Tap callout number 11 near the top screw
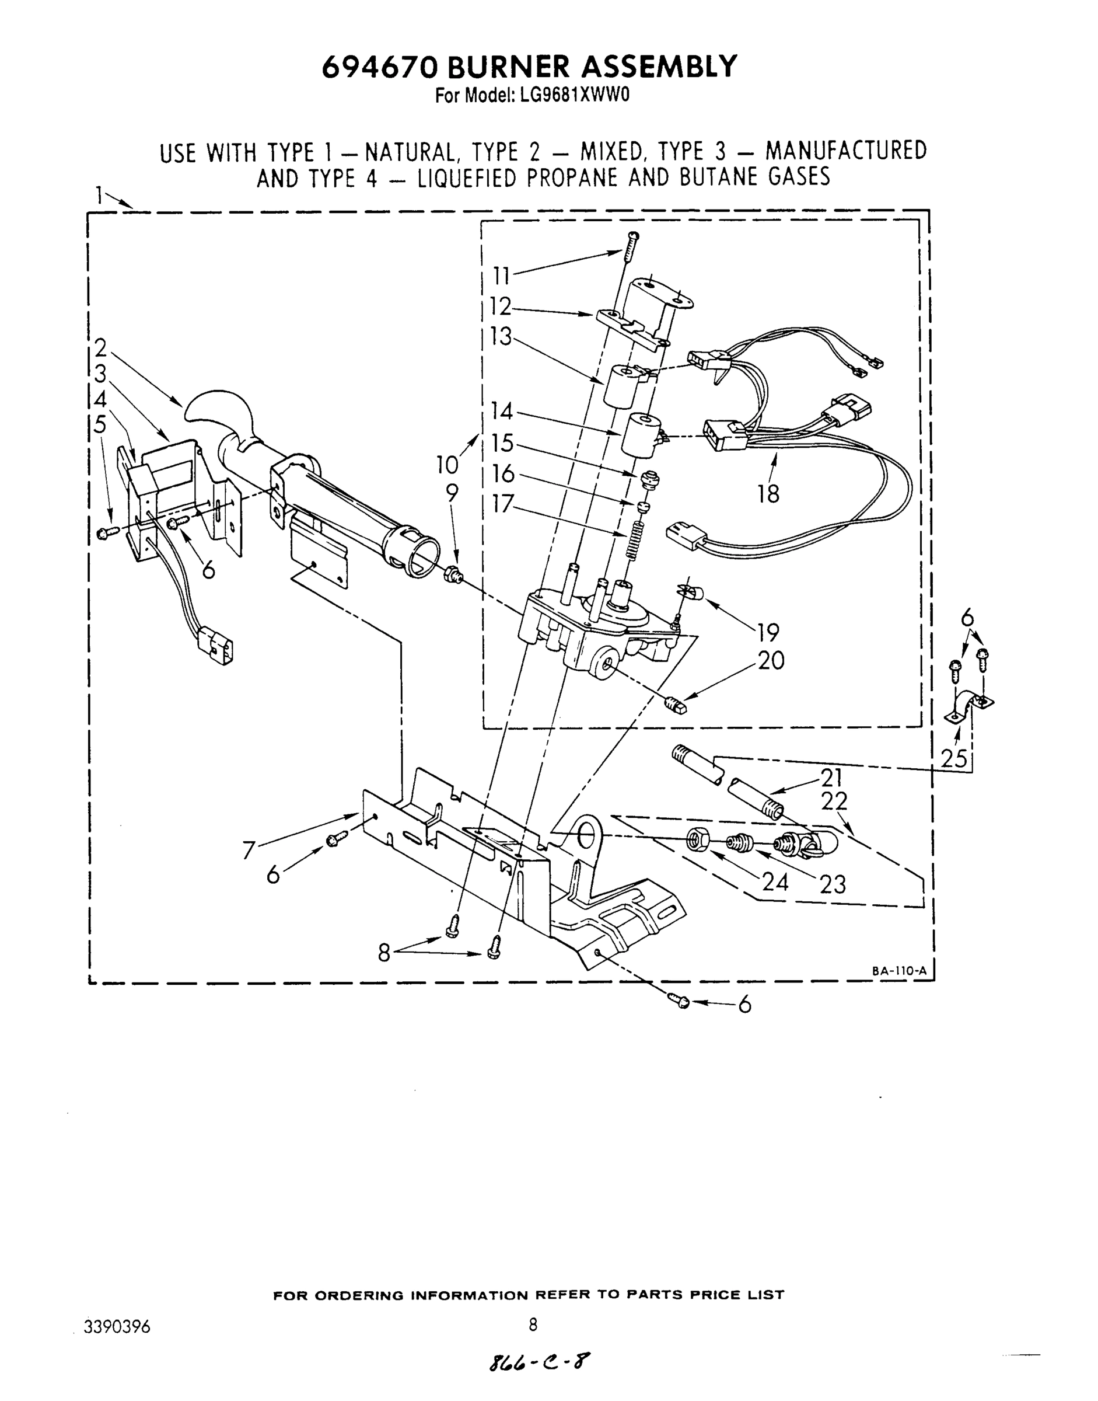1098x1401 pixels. [501, 277]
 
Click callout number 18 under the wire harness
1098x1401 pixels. [768, 494]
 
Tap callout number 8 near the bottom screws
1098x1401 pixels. [384, 953]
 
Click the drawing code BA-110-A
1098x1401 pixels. [898, 971]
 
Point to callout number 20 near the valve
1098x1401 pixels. [771, 661]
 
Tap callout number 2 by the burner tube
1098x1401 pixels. [100, 348]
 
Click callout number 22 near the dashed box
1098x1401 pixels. [834, 801]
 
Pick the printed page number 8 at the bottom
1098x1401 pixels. [533, 1325]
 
